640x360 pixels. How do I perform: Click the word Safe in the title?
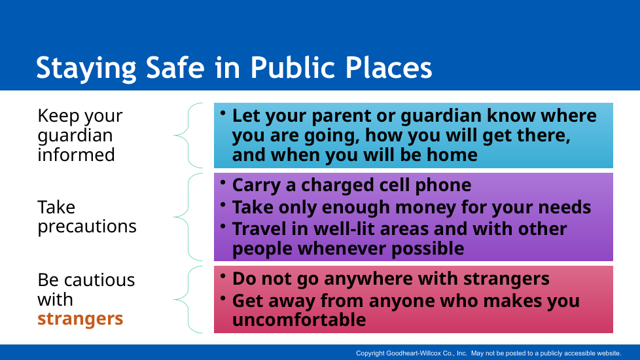point(175,67)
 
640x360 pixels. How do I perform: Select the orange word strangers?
point(80,319)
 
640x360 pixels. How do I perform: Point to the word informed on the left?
point(77,154)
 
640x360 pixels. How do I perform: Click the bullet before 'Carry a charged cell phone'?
point(223,183)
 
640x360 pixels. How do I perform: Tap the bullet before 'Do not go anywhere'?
point(223,276)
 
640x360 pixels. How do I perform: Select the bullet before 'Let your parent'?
point(223,113)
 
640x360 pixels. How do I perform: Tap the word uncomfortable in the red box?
point(299,319)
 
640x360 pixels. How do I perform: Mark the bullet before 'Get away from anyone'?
point(223,298)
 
